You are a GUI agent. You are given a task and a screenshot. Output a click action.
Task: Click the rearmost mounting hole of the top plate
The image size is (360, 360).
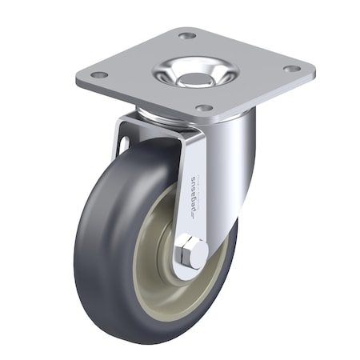(x=187, y=36)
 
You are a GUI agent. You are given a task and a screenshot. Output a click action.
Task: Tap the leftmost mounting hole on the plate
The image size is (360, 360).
(x=99, y=74)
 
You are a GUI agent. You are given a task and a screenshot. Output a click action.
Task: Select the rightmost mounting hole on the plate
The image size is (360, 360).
(x=292, y=69)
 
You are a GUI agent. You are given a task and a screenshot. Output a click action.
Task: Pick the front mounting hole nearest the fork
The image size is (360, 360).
(x=203, y=107)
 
